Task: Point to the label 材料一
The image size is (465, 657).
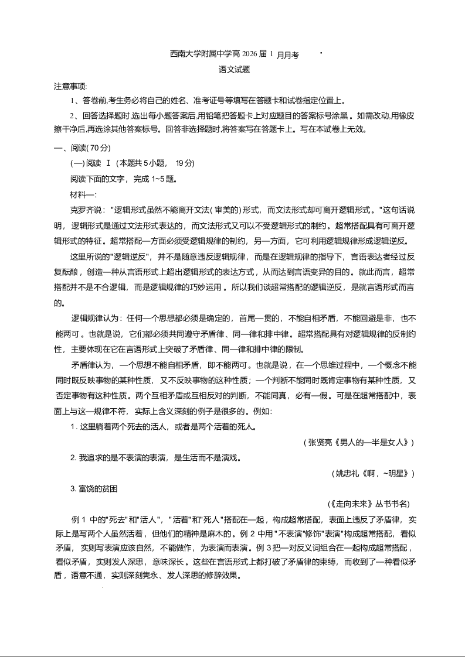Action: pyautogui.click(x=83, y=194)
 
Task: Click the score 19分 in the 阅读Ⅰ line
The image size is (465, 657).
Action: pyautogui.click(x=185, y=163)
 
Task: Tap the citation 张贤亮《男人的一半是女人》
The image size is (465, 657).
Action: pyautogui.click(x=359, y=443)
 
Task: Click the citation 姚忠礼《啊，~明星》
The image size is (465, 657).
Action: pyautogui.click(x=372, y=473)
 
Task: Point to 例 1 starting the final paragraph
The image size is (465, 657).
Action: pyautogui.click(x=79, y=519)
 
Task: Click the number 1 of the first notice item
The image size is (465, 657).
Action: pyautogui.click(x=72, y=101)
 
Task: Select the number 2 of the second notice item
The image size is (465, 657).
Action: pyautogui.click(x=72, y=115)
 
